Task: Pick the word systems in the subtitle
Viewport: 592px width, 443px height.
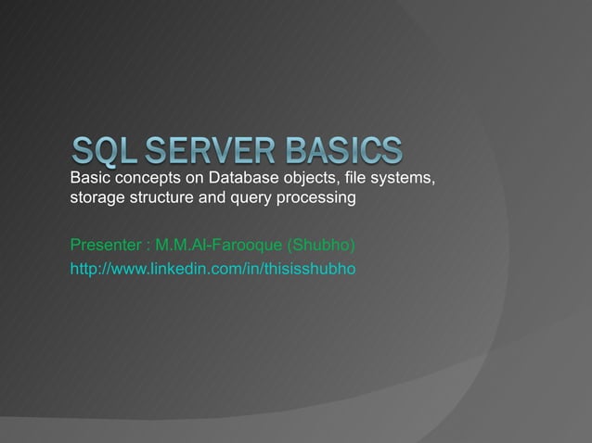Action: [x=403, y=178]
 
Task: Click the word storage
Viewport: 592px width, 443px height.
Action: [x=95, y=199]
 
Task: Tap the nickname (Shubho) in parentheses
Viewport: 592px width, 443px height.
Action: [x=320, y=246]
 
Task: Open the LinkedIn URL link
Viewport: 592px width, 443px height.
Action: [x=212, y=269]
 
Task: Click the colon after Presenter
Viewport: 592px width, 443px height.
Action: [x=146, y=247]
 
